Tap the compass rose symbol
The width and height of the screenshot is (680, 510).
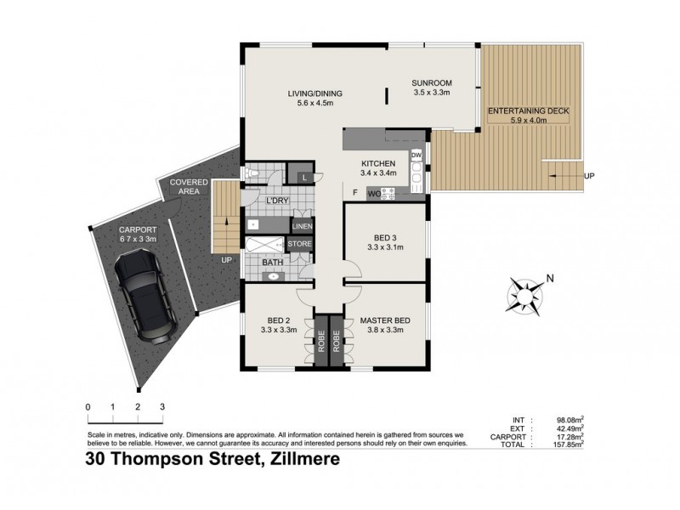click(x=527, y=294)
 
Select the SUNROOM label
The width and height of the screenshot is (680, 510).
click(x=432, y=82)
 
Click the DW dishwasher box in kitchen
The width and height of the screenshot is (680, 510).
click(x=416, y=156)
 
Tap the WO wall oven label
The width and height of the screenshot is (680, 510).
click(x=373, y=195)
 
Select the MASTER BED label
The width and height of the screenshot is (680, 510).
click(x=385, y=320)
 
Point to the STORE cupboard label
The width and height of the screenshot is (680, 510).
click(x=300, y=245)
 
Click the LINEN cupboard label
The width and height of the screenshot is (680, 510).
click(x=302, y=226)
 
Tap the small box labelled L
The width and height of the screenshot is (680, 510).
click(x=303, y=177)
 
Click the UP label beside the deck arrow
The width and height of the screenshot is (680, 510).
click(x=590, y=176)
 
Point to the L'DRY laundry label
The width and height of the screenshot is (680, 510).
click(x=279, y=201)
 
